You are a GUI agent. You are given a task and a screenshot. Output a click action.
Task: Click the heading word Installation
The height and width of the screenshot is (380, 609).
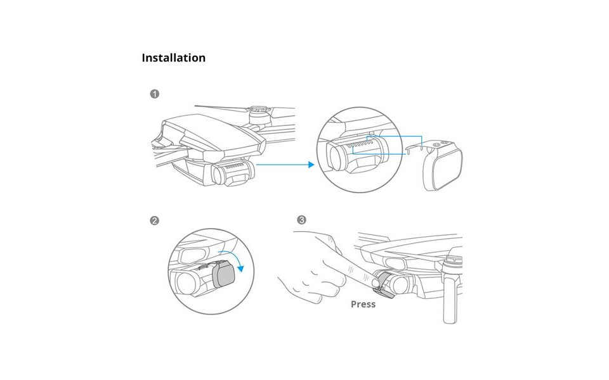click(x=174, y=58)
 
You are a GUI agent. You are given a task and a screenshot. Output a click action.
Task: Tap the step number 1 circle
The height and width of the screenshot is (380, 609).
click(x=155, y=94)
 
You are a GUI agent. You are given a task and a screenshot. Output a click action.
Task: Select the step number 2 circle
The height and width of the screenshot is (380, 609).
click(x=155, y=220)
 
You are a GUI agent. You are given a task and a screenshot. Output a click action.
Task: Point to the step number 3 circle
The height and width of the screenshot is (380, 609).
click(x=301, y=220)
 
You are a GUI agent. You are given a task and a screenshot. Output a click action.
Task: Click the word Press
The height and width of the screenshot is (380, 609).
click(x=363, y=305)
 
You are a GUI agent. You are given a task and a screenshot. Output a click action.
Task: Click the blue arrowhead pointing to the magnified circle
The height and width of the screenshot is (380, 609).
click(x=311, y=165)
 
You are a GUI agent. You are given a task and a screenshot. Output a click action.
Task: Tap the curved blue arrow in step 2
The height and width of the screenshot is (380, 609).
click(x=232, y=260)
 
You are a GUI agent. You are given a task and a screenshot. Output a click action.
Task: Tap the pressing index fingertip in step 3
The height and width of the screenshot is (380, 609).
click(x=367, y=279)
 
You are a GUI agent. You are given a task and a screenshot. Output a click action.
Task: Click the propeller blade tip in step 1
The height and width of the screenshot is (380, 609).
click(x=195, y=105)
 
